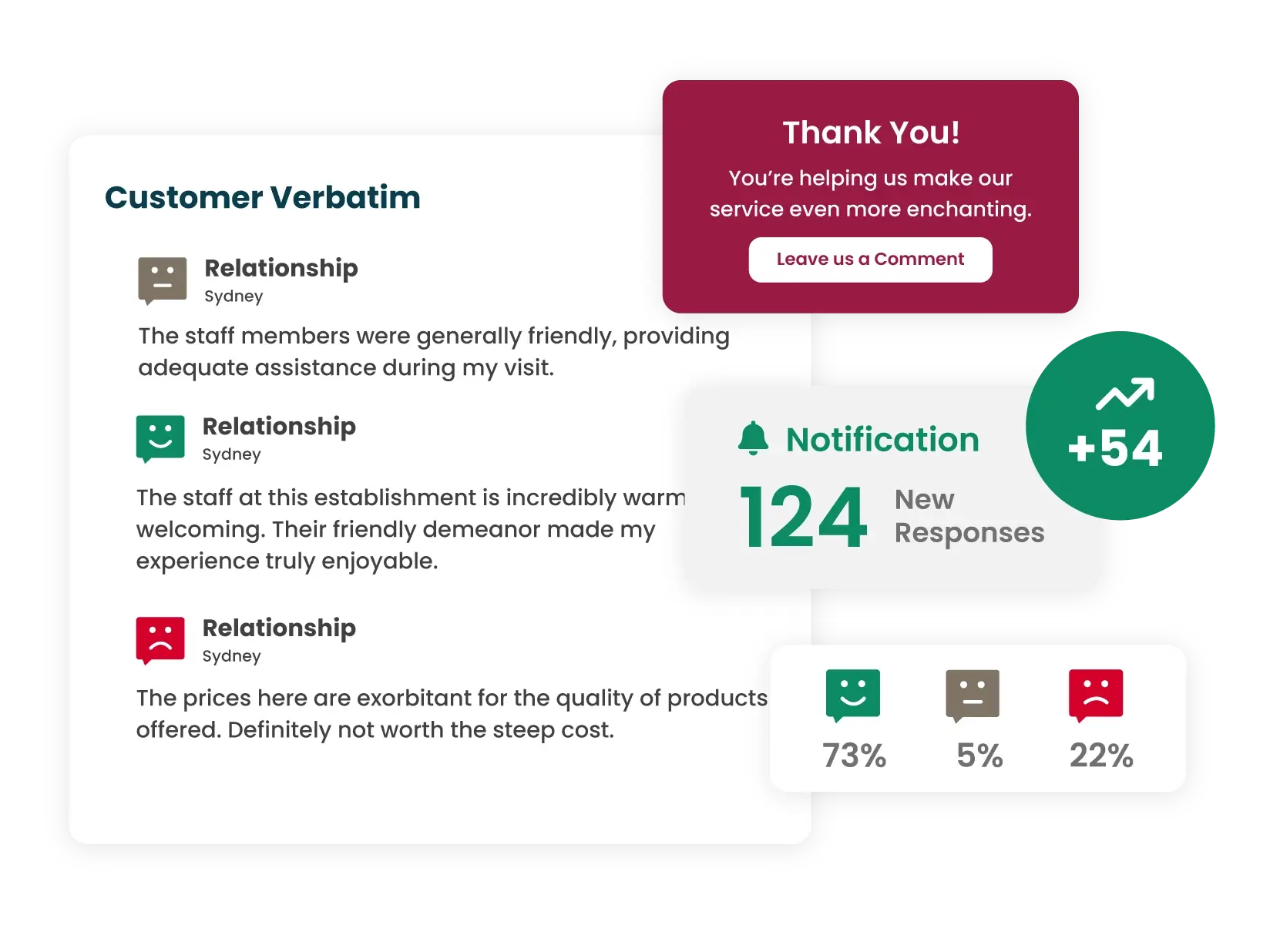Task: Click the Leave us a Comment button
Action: tap(870, 260)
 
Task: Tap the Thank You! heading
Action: tap(871, 132)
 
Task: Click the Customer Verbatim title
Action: tap(263, 197)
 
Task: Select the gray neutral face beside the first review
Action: tap(163, 279)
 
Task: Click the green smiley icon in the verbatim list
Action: tap(160, 437)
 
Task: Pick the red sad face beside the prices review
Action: tap(160, 638)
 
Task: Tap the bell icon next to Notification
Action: tap(753, 439)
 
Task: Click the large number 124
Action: tap(803, 518)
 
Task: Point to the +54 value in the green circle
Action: tap(1115, 448)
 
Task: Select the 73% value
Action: tap(854, 756)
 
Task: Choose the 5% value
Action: tap(979, 756)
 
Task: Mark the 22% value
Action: tap(1101, 756)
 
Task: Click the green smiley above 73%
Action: tap(853, 694)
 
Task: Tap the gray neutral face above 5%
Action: tap(973, 694)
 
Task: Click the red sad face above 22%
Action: tap(1096, 694)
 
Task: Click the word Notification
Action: tap(882, 440)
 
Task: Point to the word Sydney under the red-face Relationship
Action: tap(231, 656)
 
